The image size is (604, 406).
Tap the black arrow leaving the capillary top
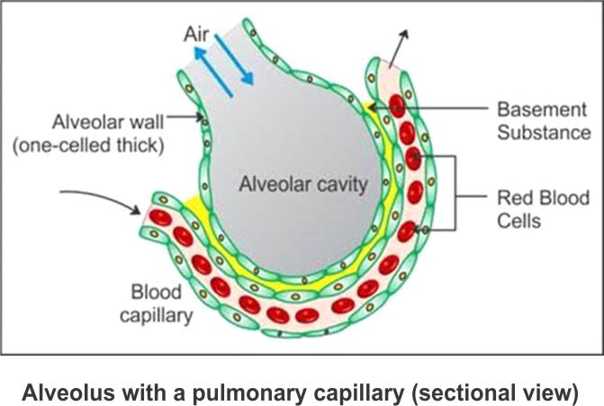point(395,45)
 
